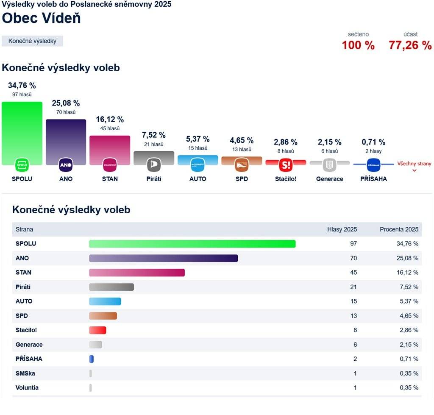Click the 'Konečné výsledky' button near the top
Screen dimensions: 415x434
pyautogui.click(x=32, y=41)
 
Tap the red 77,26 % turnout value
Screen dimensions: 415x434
pyautogui.click(x=410, y=45)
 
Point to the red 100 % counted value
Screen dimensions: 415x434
pyautogui.click(x=358, y=45)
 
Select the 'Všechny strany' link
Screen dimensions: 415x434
pyautogui.click(x=414, y=164)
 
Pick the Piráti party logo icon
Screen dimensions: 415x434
pyautogui.click(x=154, y=164)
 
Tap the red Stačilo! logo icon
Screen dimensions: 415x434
pyautogui.click(x=286, y=164)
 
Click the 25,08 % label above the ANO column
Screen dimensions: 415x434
pyautogui.click(x=66, y=103)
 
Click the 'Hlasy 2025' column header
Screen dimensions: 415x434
pyautogui.click(x=342, y=229)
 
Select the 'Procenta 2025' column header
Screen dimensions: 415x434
pyautogui.click(x=399, y=229)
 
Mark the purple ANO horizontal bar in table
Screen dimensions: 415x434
pyautogui.click(x=163, y=258)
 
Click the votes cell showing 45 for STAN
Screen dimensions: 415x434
pyautogui.click(x=353, y=273)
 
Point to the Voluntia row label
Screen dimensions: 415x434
pyautogui.click(x=27, y=387)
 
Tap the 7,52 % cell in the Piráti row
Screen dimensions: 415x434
pyautogui.click(x=409, y=287)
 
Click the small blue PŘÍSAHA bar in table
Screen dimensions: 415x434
pyautogui.click(x=91, y=359)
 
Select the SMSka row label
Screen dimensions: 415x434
pyautogui.click(x=25, y=373)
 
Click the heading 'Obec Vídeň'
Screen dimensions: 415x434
pyautogui.click(x=41, y=18)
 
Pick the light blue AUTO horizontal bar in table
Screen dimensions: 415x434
pyautogui.click(x=105, y=301)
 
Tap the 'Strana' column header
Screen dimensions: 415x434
pyautogui.click(x=24, y=229)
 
